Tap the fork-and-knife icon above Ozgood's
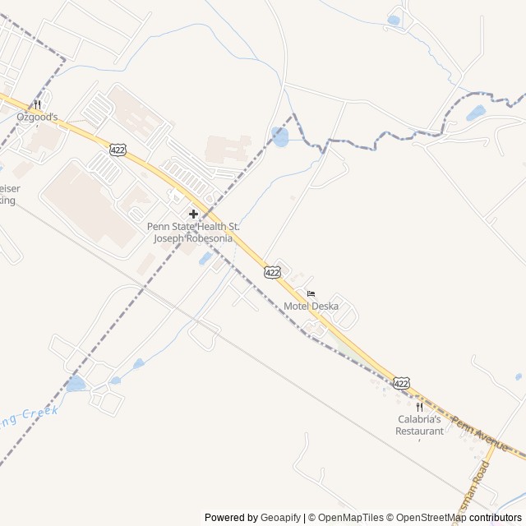click(37, 105)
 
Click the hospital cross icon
click(193, 214)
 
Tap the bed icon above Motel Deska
click(311, 294)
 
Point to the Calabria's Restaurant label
click(419, 425)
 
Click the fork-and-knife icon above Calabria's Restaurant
click(419, 407)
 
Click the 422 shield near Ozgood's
click(118, 148)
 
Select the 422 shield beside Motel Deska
click(272, 271)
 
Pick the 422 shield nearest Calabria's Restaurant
click(401, 383)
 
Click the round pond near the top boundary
click(280, 137)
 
